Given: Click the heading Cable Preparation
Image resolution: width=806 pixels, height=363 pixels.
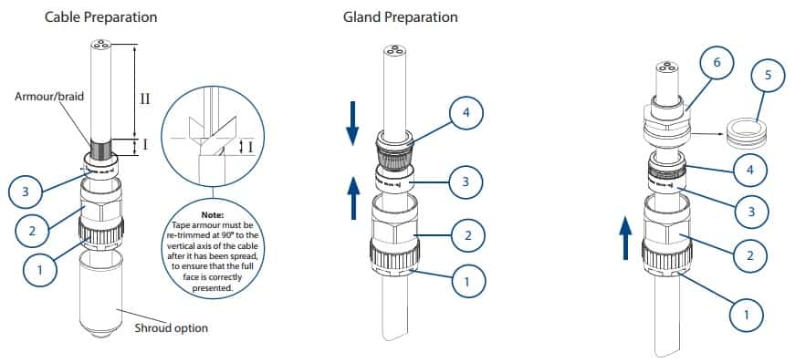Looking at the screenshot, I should (x=101, y=17).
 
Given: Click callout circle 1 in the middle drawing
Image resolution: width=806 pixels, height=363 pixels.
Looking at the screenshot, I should (x=467, y=282).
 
